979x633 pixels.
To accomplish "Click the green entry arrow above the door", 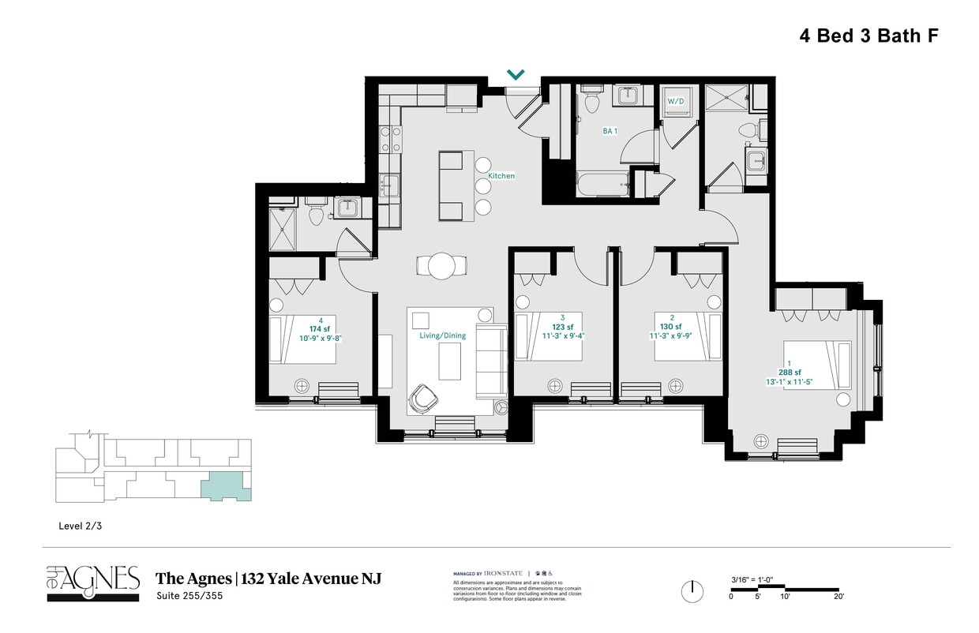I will coord(516,75).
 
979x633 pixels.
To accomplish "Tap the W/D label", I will coord(676,102).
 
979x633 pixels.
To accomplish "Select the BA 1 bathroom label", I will coord(610,131).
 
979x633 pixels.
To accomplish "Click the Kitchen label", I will coord(501,176).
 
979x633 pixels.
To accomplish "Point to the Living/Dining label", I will coord(442,335).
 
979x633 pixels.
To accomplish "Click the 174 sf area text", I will coord(320,328).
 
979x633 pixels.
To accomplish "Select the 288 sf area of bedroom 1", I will coord(790,373).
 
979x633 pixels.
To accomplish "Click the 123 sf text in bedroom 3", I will coord(562,327).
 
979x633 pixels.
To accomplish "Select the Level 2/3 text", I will coord(81,525).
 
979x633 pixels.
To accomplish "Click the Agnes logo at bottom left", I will coord(92,582).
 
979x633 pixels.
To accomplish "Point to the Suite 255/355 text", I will coord(189,596).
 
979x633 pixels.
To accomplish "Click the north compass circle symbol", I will coord(692,591).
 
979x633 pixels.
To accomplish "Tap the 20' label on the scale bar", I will coord(838,597).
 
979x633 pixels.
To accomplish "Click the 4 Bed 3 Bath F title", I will coord(868,36).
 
